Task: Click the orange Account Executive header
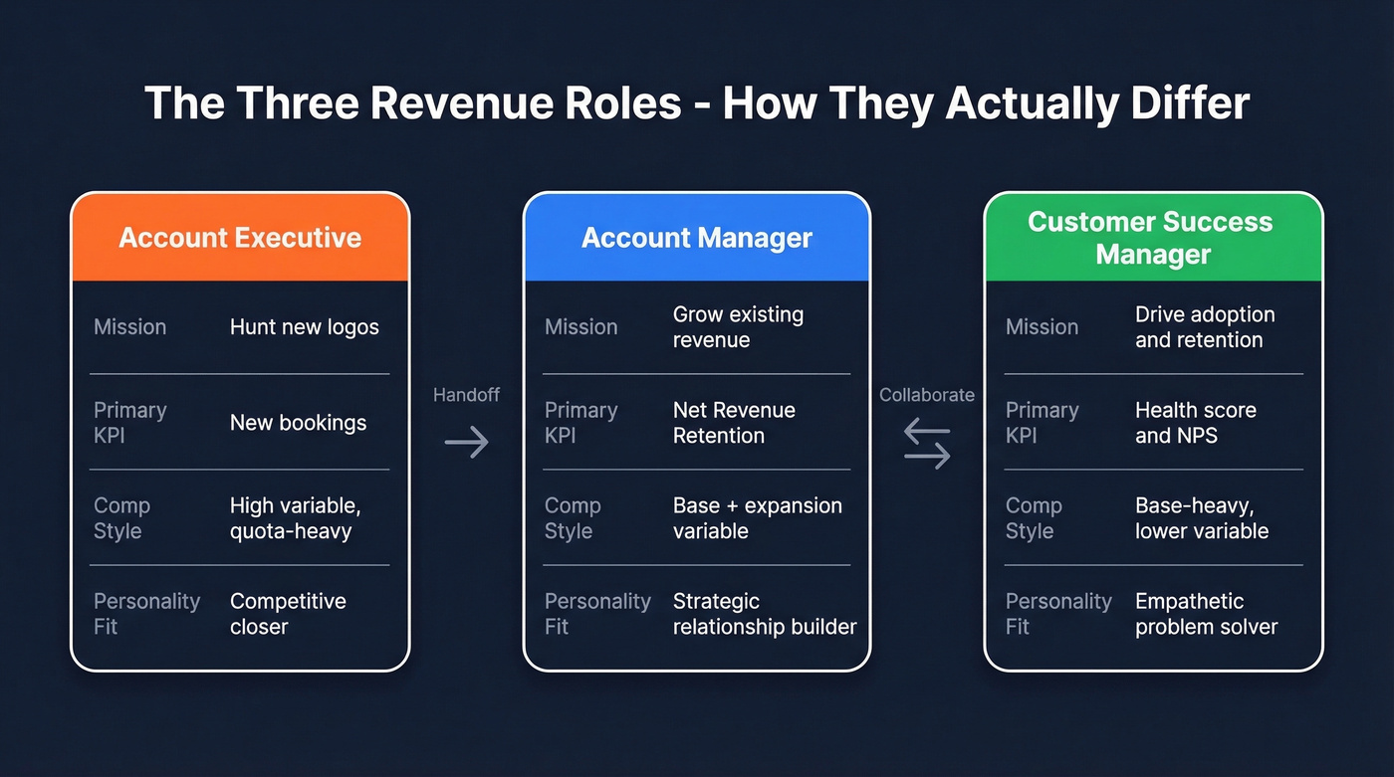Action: point(240,238)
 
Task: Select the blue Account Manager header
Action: point(697,238)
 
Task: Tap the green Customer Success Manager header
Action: point(1152,238)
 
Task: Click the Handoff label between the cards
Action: point(466,395)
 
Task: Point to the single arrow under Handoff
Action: point(466,442)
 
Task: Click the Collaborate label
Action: point(926,395)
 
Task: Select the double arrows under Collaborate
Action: point(927,444)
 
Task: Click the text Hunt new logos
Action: point(305,327)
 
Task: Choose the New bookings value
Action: point(298,423)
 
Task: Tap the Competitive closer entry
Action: point(288,614)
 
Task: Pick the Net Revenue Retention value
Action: point(734,423)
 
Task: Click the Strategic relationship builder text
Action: point(764,614)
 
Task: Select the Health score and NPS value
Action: point(1195,423)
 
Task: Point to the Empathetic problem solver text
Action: point(1206,614)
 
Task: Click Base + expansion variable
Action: point(757,518)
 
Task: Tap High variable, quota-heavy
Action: point(295,518)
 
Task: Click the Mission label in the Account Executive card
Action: point(129,327)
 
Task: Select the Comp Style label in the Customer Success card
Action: point(1034,518)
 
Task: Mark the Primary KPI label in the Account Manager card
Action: point(581,423)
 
